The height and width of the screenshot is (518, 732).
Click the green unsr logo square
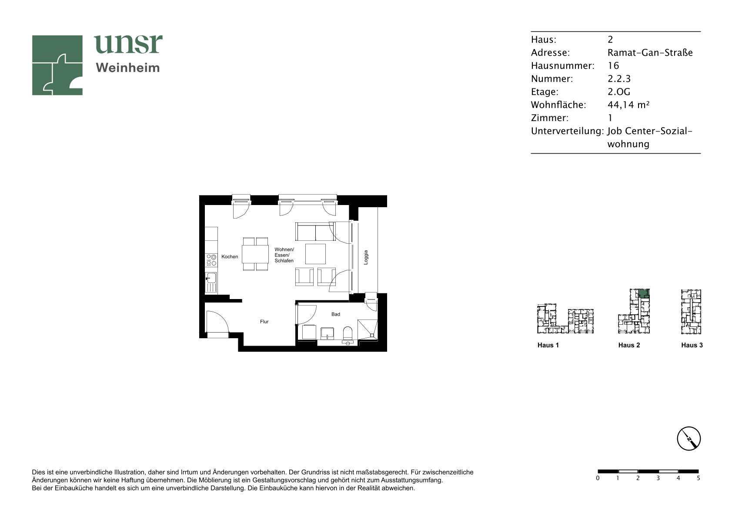click(57, 65)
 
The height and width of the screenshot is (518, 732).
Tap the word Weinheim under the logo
click(128, 68)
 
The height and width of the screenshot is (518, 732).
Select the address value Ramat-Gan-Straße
click(650, 53)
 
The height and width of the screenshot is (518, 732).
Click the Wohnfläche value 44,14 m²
click(628, 104)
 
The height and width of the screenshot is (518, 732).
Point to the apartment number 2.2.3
click(619, 78)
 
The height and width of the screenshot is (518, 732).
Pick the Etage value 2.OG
click(618, 91)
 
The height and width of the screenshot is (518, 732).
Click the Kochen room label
click(230, 257)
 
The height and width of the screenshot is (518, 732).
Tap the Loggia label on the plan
click(366, 257)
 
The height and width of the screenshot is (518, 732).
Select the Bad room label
click(336, 314)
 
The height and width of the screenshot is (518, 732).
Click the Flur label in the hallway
click(264, 322)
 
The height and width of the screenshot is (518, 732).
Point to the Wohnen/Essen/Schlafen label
click(284, 255)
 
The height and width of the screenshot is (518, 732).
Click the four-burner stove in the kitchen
click(211, 260)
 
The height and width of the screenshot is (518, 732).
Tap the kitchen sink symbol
click(211, 278)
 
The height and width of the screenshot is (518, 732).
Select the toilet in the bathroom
click(348, 333)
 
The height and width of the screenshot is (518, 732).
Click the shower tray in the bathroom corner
click(368, 330)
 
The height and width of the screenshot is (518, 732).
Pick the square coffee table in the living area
click(315, 254)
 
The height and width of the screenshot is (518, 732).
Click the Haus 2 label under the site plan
click(629, 345)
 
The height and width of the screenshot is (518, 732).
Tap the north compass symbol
click(689, 438)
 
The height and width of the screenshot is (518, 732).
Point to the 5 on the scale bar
click(699, 478)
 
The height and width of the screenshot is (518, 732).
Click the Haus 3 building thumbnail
click(691, 312)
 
